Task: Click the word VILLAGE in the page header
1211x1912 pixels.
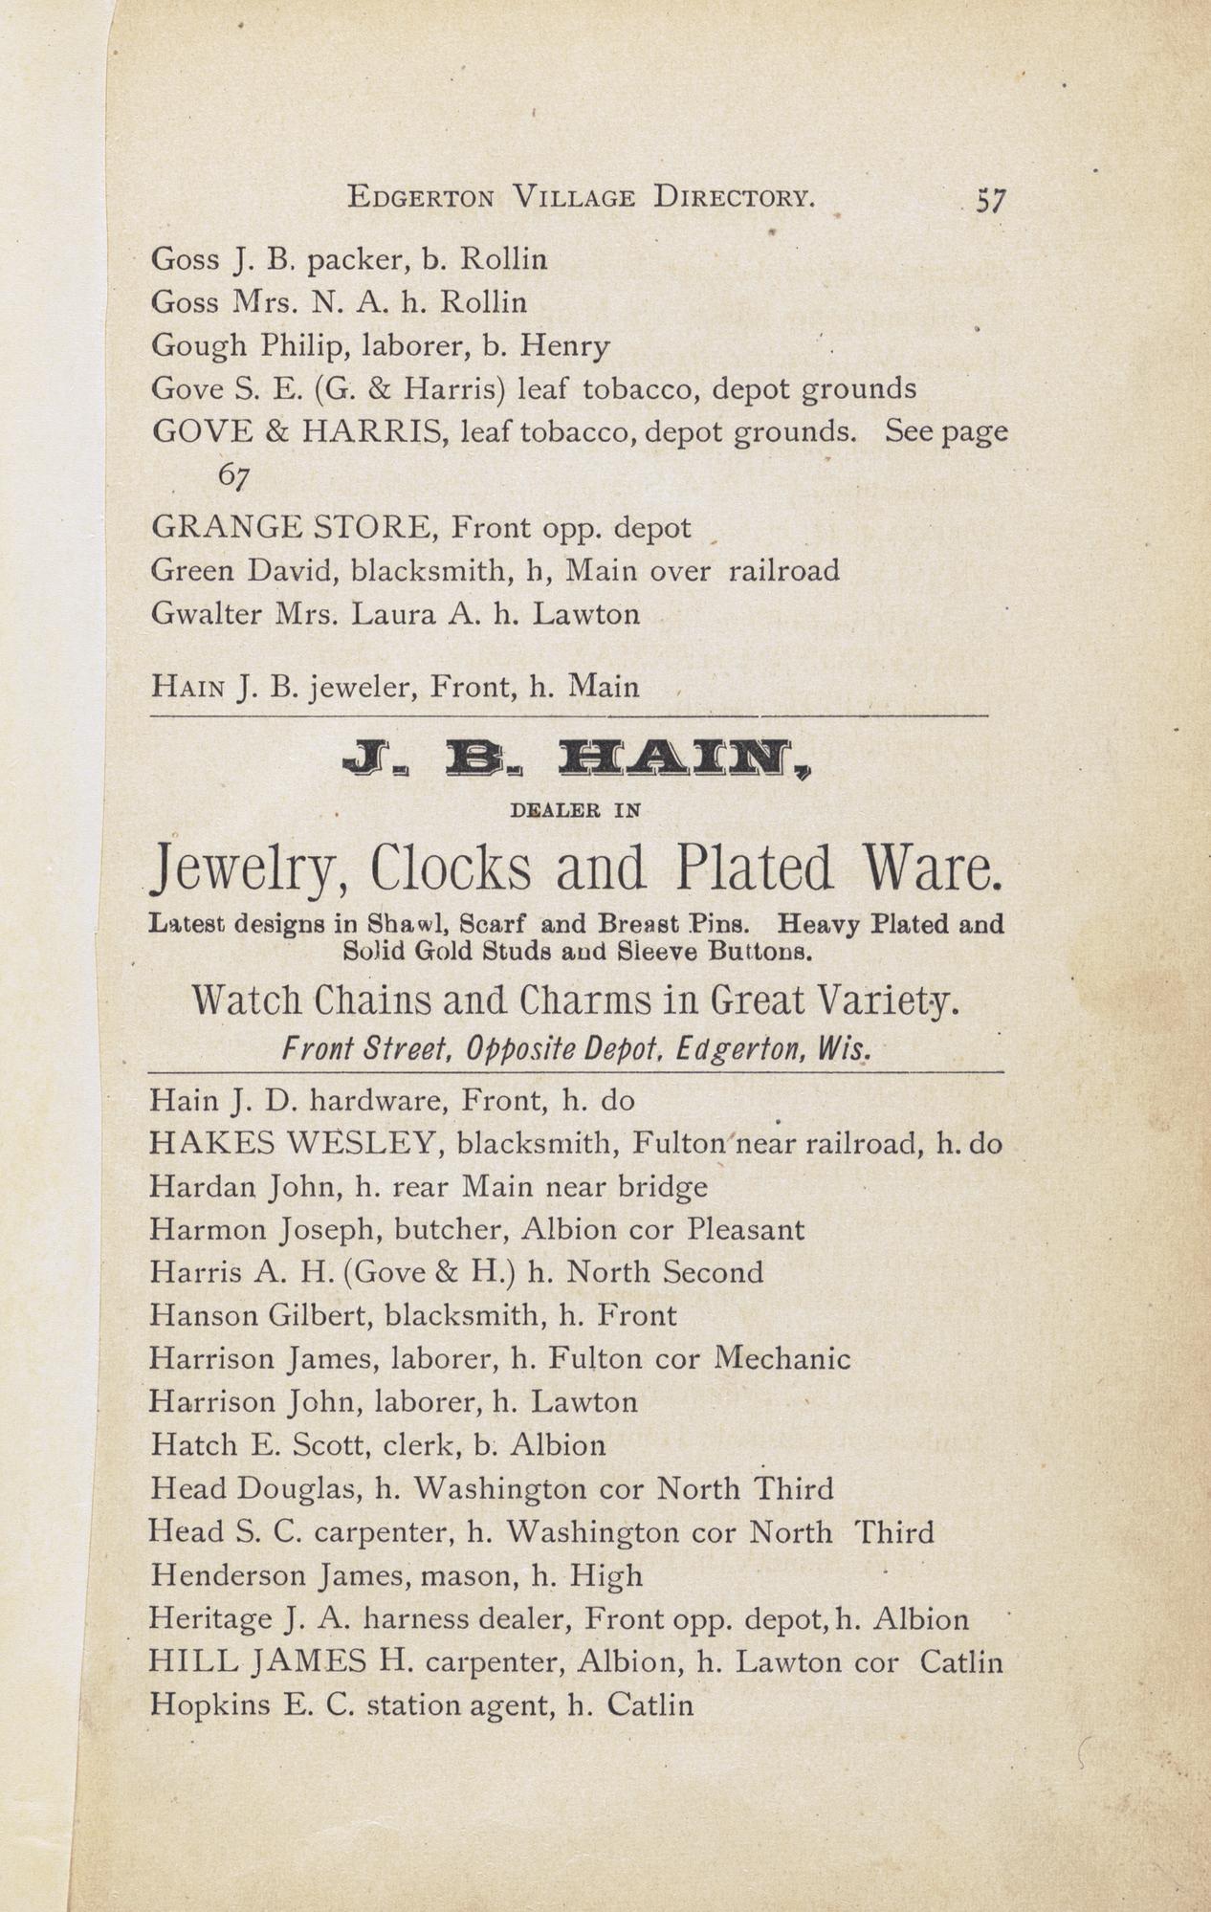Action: tap(573, 198)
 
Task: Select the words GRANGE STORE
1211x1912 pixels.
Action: tap(294, 527)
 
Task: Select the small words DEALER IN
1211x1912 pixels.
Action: tap(575, 810)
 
